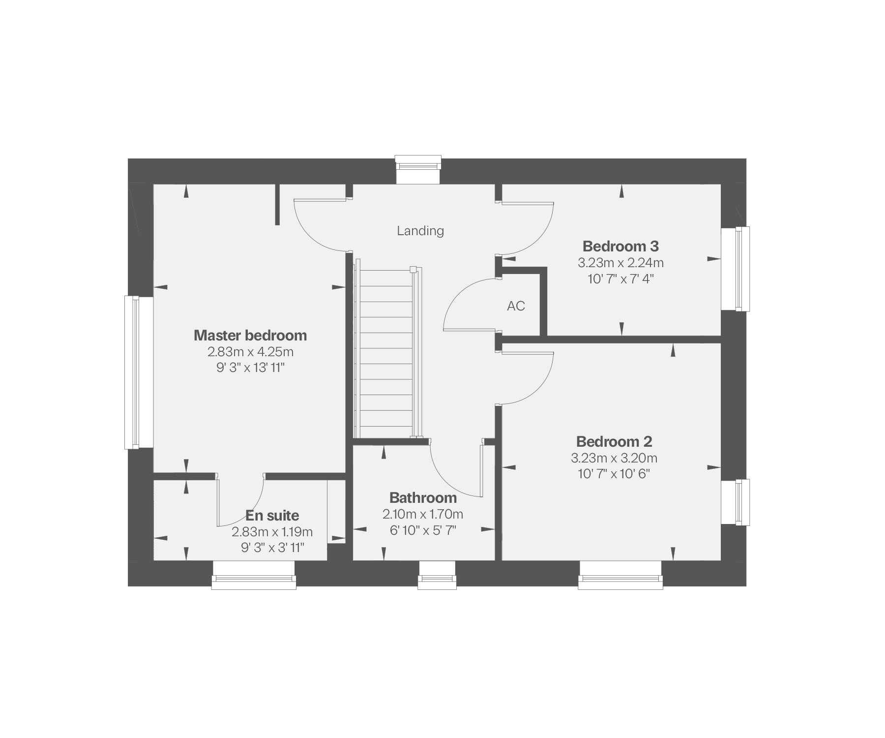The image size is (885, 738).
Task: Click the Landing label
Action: pos(420,231)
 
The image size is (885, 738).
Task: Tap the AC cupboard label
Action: pos(516,306)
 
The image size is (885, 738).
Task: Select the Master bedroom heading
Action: pos(250,336)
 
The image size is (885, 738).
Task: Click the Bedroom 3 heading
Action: pos(620,246)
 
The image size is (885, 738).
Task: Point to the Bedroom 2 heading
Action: pos(614,441)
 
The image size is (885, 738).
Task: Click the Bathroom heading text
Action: pos(423,498)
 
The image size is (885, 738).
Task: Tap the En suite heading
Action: pos(272,516)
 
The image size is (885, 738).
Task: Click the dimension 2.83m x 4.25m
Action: pos(250,352)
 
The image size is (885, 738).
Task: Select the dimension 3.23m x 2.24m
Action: pos(620,263)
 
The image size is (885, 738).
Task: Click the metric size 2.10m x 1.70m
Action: pos(423,515)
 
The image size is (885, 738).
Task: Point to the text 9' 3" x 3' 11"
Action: pos(272,548)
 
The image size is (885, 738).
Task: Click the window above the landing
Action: pos(418,170)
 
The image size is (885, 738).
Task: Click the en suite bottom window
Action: pos(254,576)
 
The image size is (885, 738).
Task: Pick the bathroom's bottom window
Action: pos(437,576)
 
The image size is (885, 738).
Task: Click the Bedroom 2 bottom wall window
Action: pos(620,576)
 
